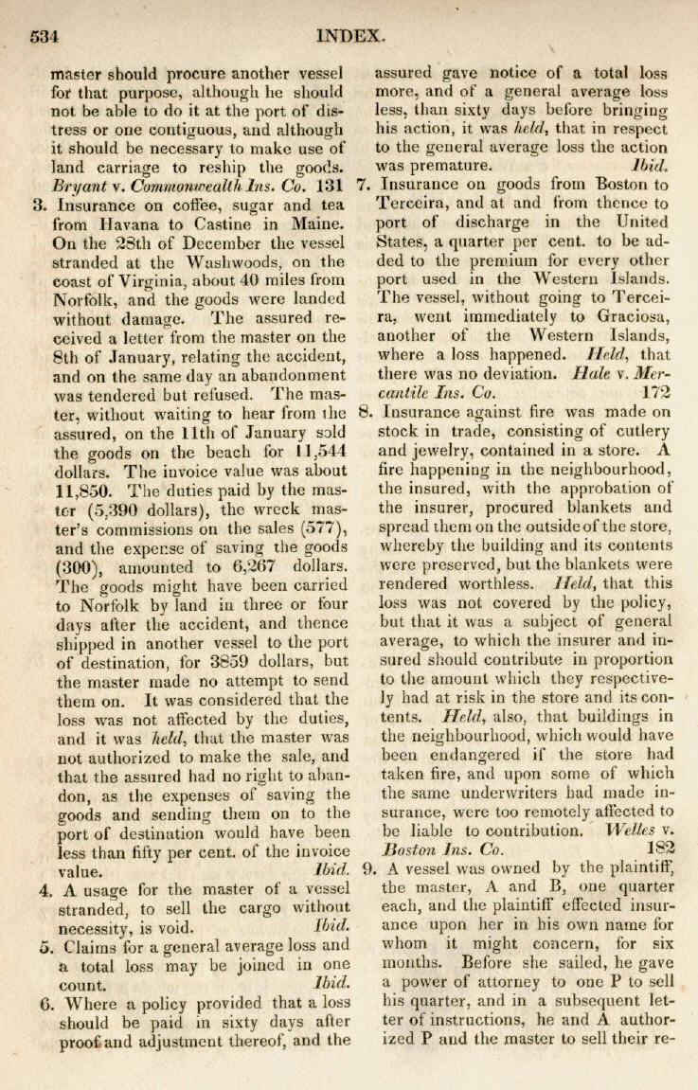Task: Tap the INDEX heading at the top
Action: coord(350,36)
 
